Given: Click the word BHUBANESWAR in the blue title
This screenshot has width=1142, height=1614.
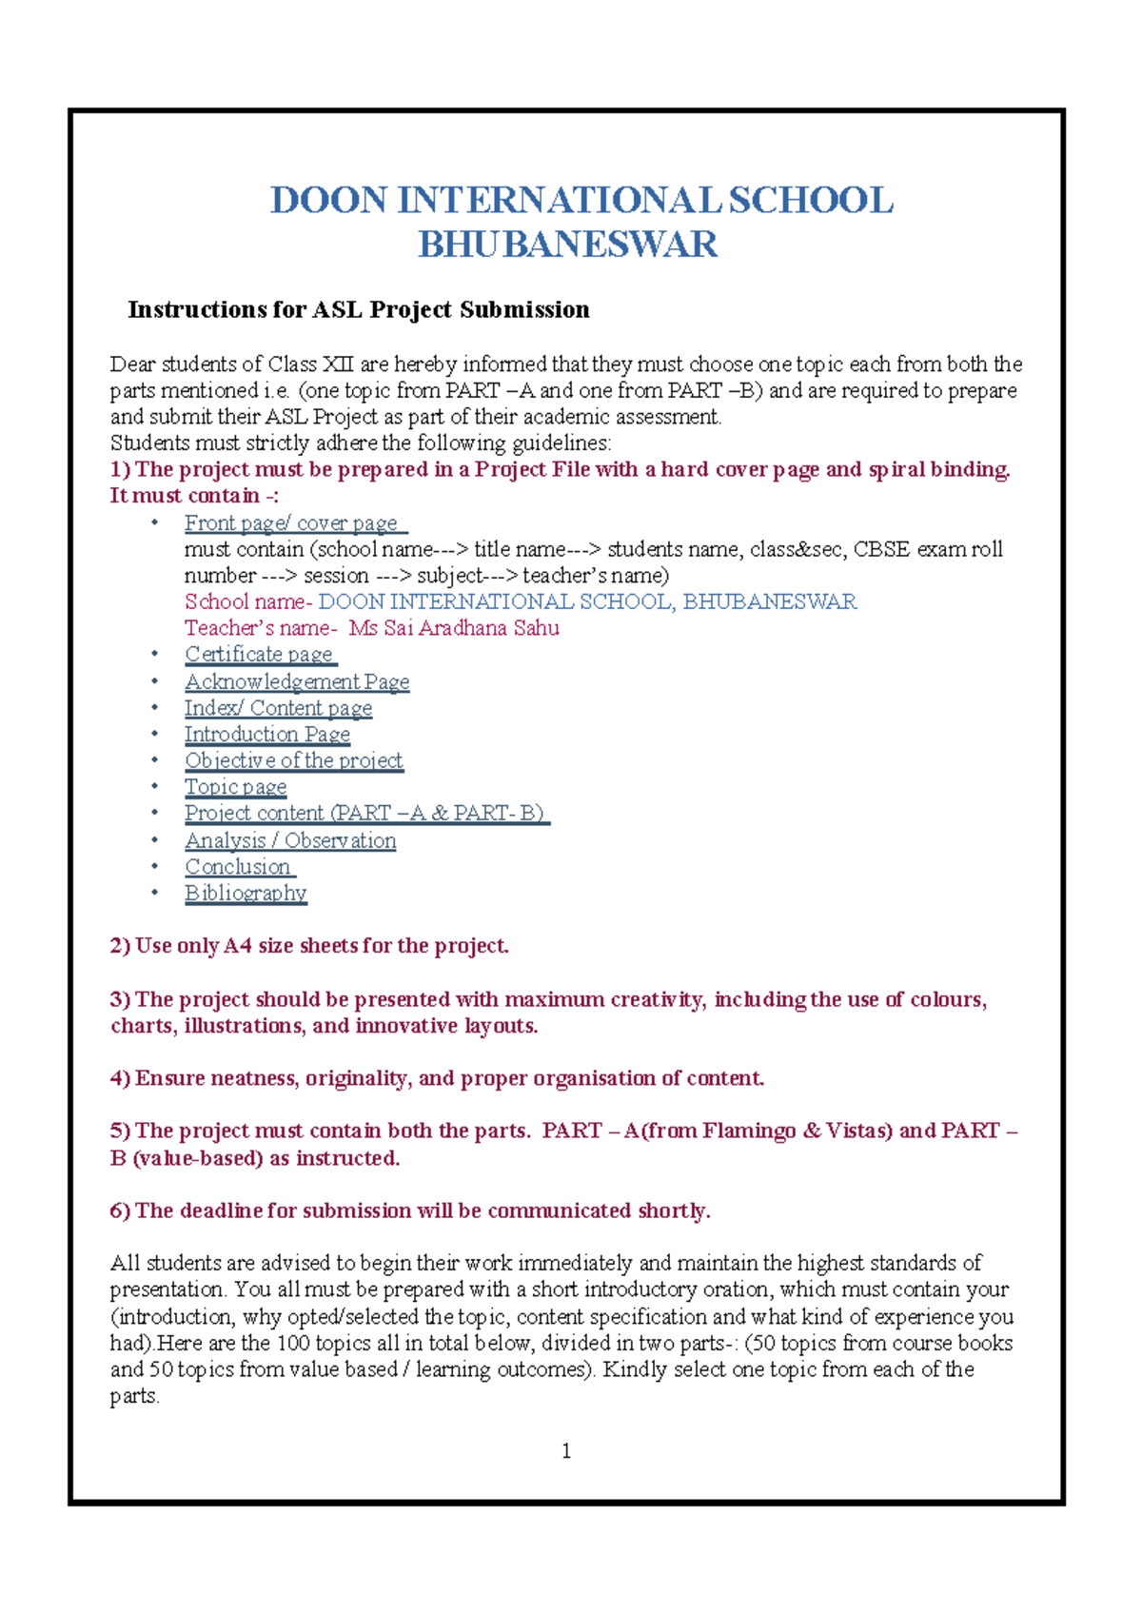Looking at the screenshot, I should [x=567, y=245].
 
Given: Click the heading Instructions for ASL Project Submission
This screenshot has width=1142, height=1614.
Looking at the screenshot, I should [x=359, y=309].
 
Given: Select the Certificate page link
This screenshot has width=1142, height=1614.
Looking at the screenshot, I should [x=259, y=655].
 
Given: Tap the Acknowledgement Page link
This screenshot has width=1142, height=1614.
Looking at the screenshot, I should [x=297, y=681].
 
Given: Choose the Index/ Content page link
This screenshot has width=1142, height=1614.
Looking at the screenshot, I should [x=278, y=708].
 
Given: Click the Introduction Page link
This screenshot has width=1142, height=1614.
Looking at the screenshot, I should [x=267, y=735].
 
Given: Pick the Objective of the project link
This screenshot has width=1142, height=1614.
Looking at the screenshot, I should [x=293, y=760].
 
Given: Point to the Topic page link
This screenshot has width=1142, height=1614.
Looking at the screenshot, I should [x=235, y=787].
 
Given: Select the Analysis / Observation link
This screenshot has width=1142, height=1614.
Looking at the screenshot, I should [x=290, y=840].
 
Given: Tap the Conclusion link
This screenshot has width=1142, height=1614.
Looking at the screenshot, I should [x=238, y=867].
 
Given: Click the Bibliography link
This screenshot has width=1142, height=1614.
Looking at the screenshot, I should [x=246, y=893].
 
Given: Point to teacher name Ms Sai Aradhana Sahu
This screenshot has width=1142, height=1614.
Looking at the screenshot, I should [x=454, y=628].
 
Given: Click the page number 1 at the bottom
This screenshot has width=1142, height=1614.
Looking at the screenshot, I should [x=567, y=1450].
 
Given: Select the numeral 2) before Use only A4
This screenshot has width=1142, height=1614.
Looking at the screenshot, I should [x=120, y=946].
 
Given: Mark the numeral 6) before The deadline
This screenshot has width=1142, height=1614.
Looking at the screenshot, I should [x=120, y=1210].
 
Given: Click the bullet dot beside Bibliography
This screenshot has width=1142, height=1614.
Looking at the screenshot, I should [x=154, y=893].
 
